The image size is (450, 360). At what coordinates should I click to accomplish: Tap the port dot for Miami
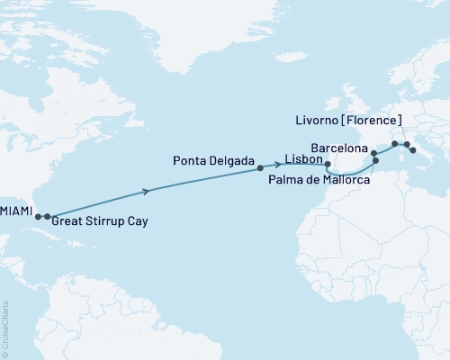tap(38, 217)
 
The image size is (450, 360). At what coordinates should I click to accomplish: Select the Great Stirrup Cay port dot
tap(47, 217)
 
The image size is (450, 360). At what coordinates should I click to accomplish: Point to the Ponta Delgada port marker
tap(260, 167)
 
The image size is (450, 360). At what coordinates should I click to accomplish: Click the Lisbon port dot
tap(328, 165)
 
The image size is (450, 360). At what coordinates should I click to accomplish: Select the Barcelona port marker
tap(374, 153)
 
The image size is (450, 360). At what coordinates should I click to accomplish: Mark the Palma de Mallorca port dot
tap(375, 161)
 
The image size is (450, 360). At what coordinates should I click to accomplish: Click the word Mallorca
tap(347, 181)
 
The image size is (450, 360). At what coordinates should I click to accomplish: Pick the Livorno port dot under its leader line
tap(406, 144)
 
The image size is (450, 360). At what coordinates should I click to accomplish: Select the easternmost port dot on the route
tap(413, 150)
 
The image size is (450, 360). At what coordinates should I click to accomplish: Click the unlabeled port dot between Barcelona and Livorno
tap(394, 144)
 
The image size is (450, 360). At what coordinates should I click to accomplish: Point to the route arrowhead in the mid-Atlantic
tap(148, 191)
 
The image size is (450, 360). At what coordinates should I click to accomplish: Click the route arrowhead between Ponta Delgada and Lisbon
tap(291, 165)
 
